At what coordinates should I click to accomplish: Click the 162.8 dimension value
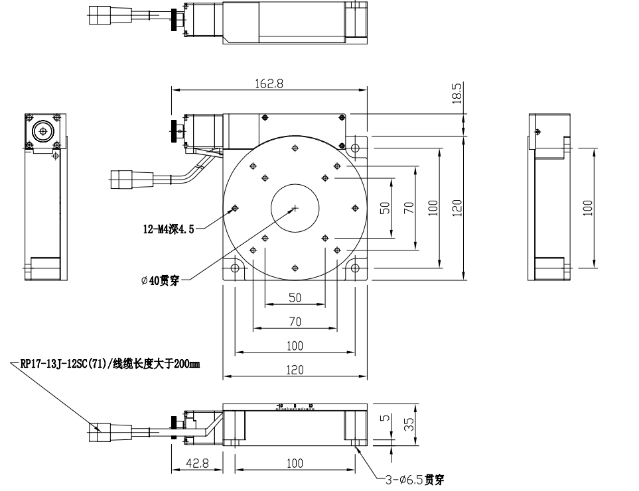[269, 84]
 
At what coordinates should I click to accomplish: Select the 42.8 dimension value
[197, 464]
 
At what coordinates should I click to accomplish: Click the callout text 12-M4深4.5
[169, 230]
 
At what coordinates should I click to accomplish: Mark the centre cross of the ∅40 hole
[295, 209]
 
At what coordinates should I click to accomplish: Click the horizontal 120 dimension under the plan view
[295, 370]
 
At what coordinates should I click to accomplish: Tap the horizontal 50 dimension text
[295, 298]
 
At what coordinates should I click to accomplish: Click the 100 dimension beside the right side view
[587, 208]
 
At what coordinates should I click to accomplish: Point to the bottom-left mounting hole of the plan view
[235, 268]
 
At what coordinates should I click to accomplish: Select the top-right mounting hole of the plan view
[355, 147]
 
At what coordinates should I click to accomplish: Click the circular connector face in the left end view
[44, 131]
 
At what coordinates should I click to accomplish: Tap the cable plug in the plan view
[123, 178]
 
